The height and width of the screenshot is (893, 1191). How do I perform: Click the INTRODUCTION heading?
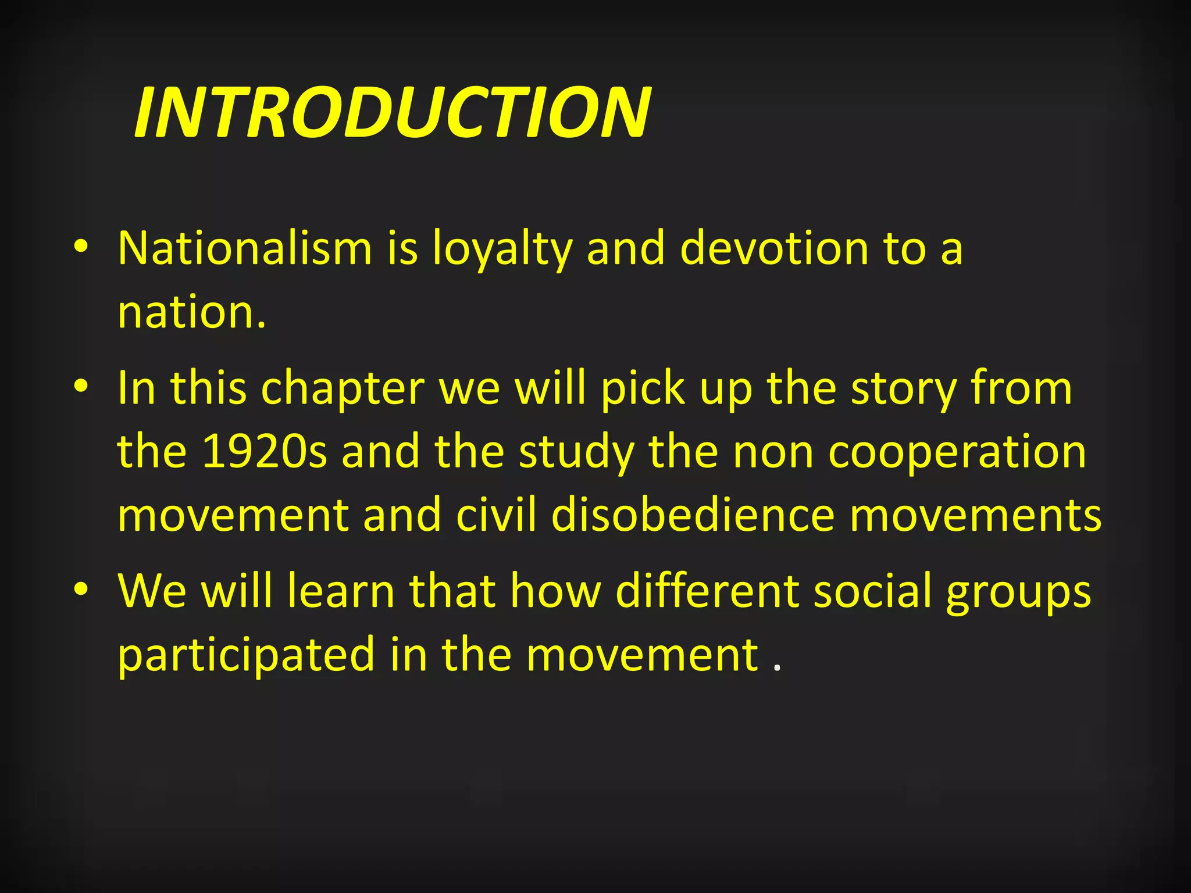393,112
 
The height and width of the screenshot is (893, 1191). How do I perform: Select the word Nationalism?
245,248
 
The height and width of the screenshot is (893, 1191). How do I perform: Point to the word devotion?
774,248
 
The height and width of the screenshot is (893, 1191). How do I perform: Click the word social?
872,591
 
